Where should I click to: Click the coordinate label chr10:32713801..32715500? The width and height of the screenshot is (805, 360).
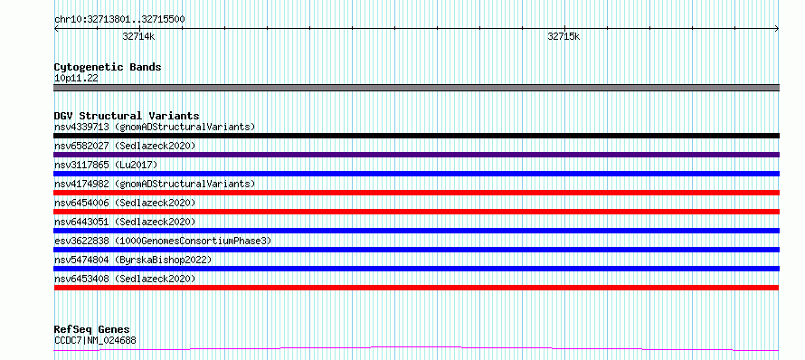coord(119,19)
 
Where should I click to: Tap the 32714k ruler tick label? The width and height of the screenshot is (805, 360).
coord(138,36)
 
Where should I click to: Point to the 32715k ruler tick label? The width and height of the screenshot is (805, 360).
coord(563,36)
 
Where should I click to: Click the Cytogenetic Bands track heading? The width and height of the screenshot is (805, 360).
coord(108,67)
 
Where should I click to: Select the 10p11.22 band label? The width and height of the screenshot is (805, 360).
coord(76,79)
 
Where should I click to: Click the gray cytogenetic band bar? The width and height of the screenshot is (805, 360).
coord(416,88)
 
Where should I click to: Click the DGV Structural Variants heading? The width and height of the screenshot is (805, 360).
coord(127,116)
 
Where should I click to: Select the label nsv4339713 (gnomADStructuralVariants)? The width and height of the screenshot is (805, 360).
coord(155,127)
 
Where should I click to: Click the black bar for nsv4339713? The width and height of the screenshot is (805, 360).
coord(416,136)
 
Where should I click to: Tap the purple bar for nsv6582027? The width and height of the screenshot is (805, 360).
coord(416,155)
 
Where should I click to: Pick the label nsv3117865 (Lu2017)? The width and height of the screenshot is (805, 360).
coord(106,165)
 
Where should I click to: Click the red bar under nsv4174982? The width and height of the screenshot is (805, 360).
coord(416,193)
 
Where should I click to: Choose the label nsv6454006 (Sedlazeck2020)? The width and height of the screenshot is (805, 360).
coord(125,203)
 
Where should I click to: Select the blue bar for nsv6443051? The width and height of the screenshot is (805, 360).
coord(416,231)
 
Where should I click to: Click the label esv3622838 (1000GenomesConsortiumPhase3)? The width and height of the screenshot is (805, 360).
coord(163,241)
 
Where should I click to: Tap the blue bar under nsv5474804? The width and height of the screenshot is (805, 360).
coord(416,269)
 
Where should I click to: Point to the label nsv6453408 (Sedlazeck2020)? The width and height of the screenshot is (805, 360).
coord(125,279)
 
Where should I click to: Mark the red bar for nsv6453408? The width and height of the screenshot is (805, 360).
coord(416,288)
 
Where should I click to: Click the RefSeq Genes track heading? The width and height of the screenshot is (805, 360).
coord(92,329)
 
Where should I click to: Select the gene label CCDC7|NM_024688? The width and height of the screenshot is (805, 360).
coord(95,340)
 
